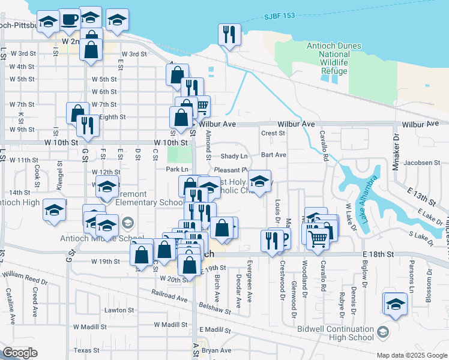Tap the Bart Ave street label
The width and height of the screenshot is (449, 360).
click(x=274, y=155)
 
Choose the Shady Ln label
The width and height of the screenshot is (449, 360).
click(x=234, y=156)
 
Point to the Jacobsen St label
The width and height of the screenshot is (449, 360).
click(x=422, y=162)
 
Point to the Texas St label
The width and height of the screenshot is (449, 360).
click(x=86, y=350)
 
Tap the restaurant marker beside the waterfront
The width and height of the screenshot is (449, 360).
click(x=229, y=35)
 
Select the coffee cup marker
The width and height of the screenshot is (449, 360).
click(x=68, y=19)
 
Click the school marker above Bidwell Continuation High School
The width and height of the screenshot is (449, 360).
click(x=396, y=304)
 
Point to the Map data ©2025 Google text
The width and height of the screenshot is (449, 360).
click(x=412, y=355)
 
